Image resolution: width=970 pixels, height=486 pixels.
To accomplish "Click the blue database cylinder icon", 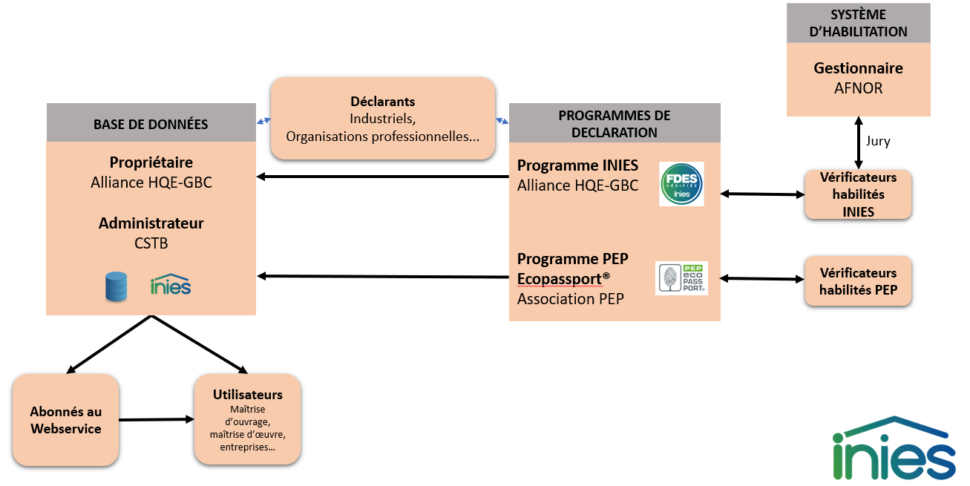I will pyautogui.click(x=116, y=286).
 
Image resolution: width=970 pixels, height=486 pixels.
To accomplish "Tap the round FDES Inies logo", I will pyautogui.click(x=681, y=183).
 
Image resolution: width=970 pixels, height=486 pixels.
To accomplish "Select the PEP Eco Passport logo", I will pyautogui.click(x=681, y=278).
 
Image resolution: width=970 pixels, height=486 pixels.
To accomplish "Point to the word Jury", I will pyautogui.click(x=878, y=141).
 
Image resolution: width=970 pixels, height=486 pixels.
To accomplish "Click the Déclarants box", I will pyautogui.click(x=382, y=119).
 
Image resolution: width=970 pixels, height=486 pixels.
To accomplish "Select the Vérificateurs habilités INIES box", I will pyautogui.click(x=858, y=194).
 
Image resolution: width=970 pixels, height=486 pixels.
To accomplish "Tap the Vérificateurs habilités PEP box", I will pyautogui.click(x=858, y=281).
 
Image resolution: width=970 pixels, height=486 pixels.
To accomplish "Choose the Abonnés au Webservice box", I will pyautogui.click(x=66, y=420).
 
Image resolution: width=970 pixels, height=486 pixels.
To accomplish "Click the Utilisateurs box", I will pyautogui.click(x=247, y=419).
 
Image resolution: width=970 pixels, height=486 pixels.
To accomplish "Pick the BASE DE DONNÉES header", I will pyautogui.click(x=151, y=124).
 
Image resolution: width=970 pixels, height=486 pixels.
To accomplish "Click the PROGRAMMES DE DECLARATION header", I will pyautogui.click(x=614, y=124).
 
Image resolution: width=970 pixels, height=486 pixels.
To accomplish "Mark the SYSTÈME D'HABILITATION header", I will pyautogui.click(x=858, y=23).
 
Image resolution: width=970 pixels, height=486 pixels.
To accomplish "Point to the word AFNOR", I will pyautogui.click(x=858, y=88).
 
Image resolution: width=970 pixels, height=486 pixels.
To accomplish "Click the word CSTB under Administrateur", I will pyautogui.click(x=151, y=243).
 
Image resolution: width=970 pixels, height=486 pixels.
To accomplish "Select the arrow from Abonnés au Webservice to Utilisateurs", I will pyautogui.click(x=156, y=420).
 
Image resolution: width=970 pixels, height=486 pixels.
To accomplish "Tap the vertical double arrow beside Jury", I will pyautogui.click(x=859, y=142).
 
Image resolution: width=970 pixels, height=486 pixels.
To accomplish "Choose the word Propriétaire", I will pyautogui.click(x=151, y=162).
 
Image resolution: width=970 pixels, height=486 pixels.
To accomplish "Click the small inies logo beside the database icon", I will pyautogui.click(x=170, y=286).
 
